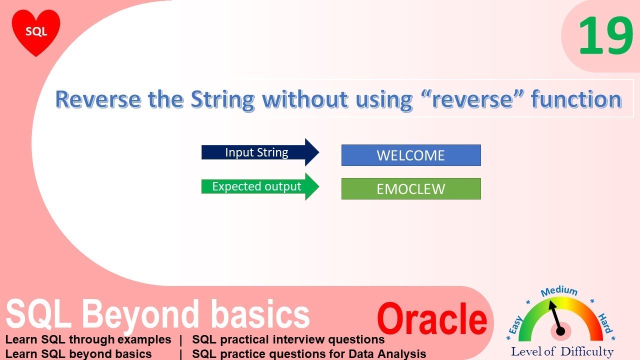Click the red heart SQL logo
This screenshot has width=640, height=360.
36,31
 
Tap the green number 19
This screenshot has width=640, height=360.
605,36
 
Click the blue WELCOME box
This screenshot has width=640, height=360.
410,155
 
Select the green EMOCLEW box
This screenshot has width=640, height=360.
410,189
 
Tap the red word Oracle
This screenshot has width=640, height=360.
432,318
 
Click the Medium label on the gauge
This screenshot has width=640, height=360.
559,291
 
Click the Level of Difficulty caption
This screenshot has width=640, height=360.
562,351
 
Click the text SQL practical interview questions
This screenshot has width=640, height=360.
288,340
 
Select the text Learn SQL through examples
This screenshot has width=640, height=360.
88,340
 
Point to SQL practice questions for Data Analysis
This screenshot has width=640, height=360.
309,354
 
